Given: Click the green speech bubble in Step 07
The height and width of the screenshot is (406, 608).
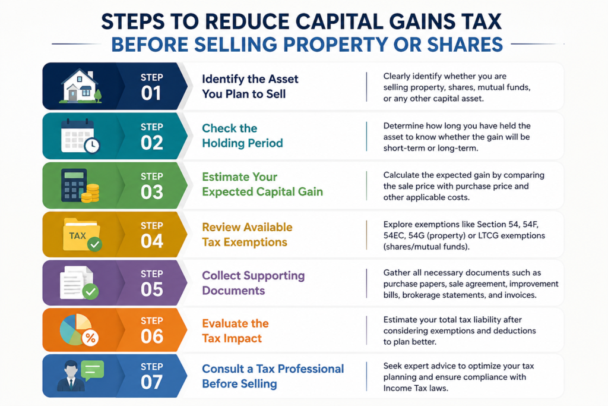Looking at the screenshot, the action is pos(92,370).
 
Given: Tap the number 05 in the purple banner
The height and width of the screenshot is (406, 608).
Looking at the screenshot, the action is pos(151,289).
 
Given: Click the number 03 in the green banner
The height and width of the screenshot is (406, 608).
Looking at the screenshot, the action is pos(151,192).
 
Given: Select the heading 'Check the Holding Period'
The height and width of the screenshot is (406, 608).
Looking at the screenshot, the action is pos(242,136).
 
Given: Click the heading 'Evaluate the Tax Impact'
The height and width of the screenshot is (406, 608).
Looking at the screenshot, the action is pos(235,331).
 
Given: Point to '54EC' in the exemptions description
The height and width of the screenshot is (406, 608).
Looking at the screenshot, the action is pos(394,235).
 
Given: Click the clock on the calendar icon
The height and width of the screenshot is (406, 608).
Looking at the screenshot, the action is pos(91,146).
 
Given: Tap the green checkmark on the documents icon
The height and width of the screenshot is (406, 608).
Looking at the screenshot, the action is pos(90,291).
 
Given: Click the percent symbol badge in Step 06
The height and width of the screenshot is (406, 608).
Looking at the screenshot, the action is pos(90,338).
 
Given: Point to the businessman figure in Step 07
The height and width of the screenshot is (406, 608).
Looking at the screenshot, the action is pos(71,376).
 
